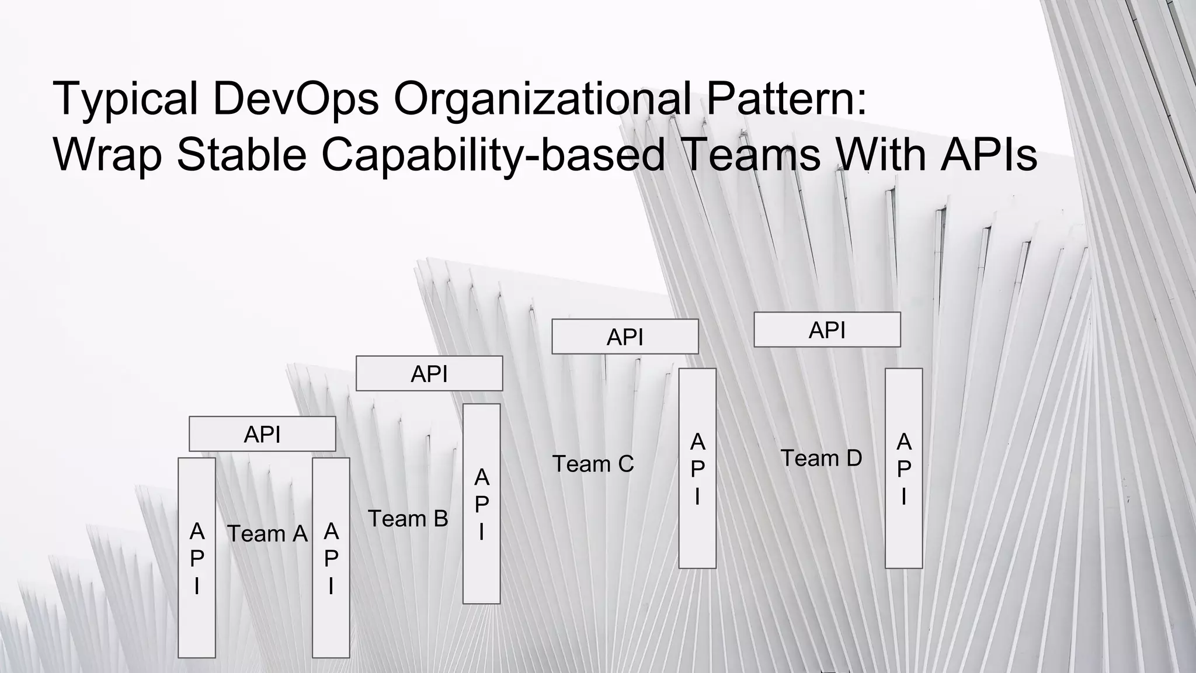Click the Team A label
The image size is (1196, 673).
[x=267, y=533]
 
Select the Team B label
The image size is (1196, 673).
[x=408, y=518]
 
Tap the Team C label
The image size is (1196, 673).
[x=593, y=464]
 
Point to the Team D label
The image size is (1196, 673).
[x=821, y=458]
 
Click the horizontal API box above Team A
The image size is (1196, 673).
[x=262, y=434]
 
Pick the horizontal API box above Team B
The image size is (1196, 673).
[x=429, y=373]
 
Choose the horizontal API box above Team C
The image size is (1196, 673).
[x=625, y=336]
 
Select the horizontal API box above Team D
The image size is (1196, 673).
[x=827, y=329]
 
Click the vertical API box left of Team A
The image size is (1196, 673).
[x=197, y=558]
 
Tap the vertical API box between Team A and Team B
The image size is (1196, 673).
[x=331, y=558]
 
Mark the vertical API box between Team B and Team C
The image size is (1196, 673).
[x=482, y=504]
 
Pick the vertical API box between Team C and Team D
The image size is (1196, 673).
[x=697, y=468]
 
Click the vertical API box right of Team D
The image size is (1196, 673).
[x=904, y=468]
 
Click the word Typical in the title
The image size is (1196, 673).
[x=125, y=99]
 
